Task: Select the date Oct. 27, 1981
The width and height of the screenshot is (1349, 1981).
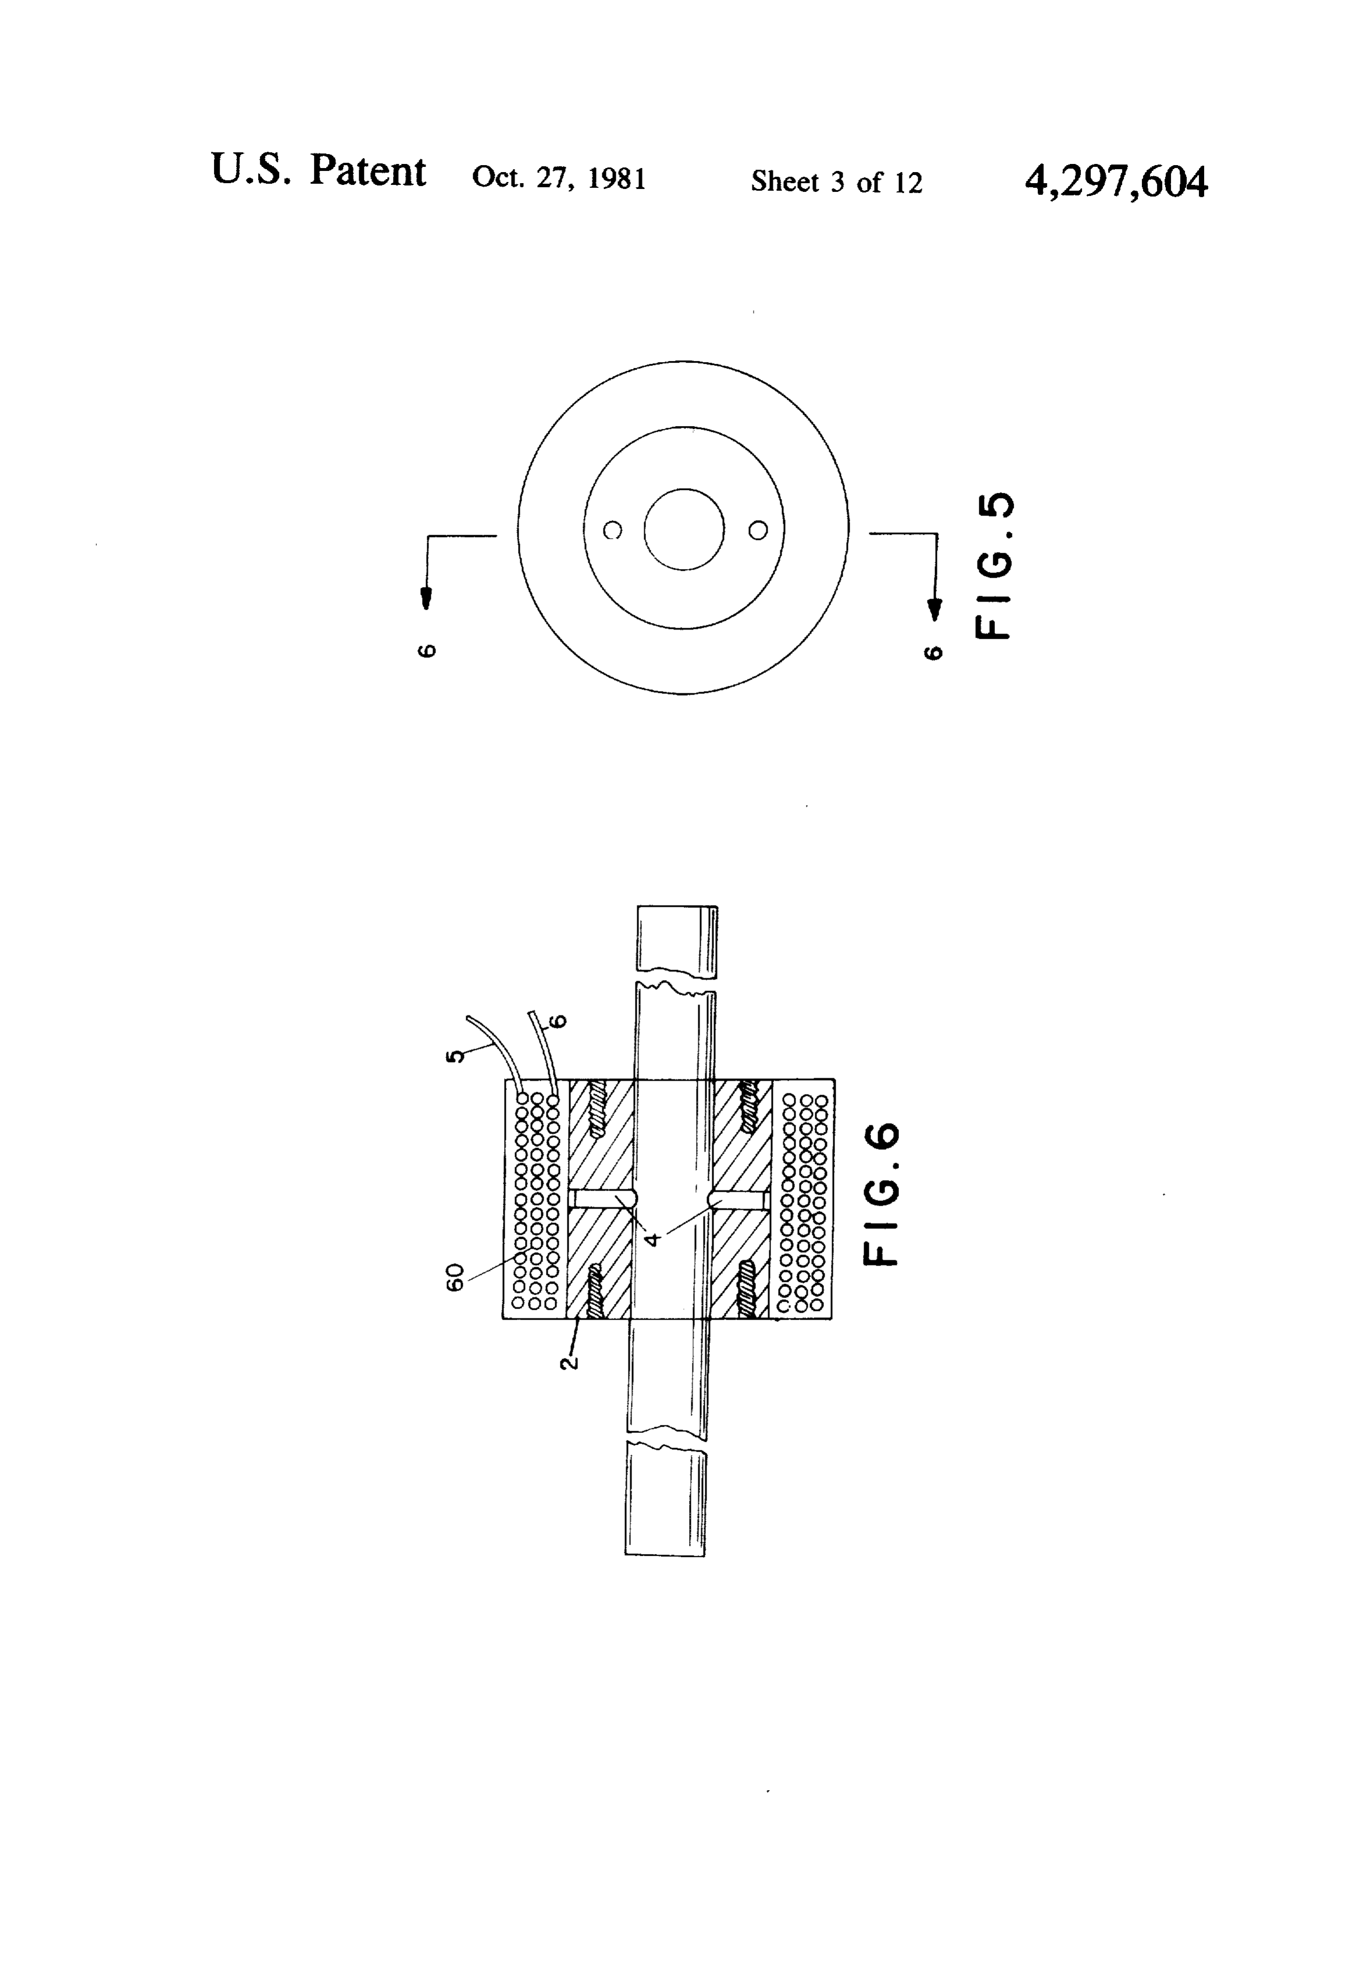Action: (x=559, y=177)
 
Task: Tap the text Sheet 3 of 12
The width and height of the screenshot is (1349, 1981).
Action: (x=837, y=181)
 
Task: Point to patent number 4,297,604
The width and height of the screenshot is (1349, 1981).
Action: (x=1115, y=181)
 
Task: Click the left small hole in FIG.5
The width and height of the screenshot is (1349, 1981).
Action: (x=612, y=530)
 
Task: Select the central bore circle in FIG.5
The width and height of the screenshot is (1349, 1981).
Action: (x=684, y=489)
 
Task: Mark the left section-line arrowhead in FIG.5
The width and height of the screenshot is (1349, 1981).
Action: (x=426, y=599)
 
